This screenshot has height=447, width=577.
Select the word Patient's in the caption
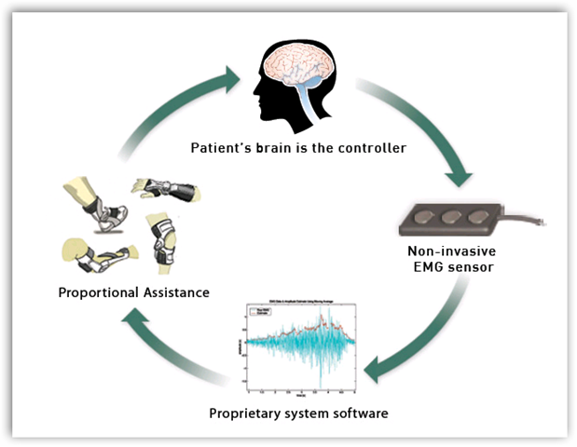(223, 148)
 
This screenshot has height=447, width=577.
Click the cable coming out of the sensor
(534, 223)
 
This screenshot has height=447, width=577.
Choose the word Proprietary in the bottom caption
(248, 413)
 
